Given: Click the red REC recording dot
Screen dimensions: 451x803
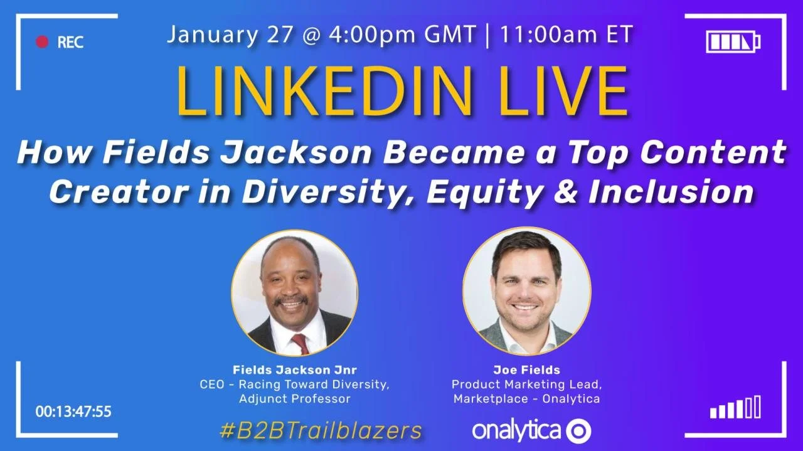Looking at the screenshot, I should tap(42, 42).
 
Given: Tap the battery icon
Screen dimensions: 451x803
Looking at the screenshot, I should tap(733, 42).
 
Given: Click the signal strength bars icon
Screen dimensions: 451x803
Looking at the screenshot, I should tap(735, 408).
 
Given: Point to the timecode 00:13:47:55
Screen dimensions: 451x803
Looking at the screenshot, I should tap(73, 412).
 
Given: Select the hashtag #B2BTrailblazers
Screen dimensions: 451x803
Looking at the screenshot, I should tap(321, 430).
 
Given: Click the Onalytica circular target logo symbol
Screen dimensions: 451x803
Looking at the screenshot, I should tap(578, 431).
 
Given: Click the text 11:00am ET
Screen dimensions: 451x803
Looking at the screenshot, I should tap(565, 34).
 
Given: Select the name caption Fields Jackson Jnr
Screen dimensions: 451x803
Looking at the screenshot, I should tap(294, 369).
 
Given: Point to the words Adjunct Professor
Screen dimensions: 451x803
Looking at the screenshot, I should tap(294, 399).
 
